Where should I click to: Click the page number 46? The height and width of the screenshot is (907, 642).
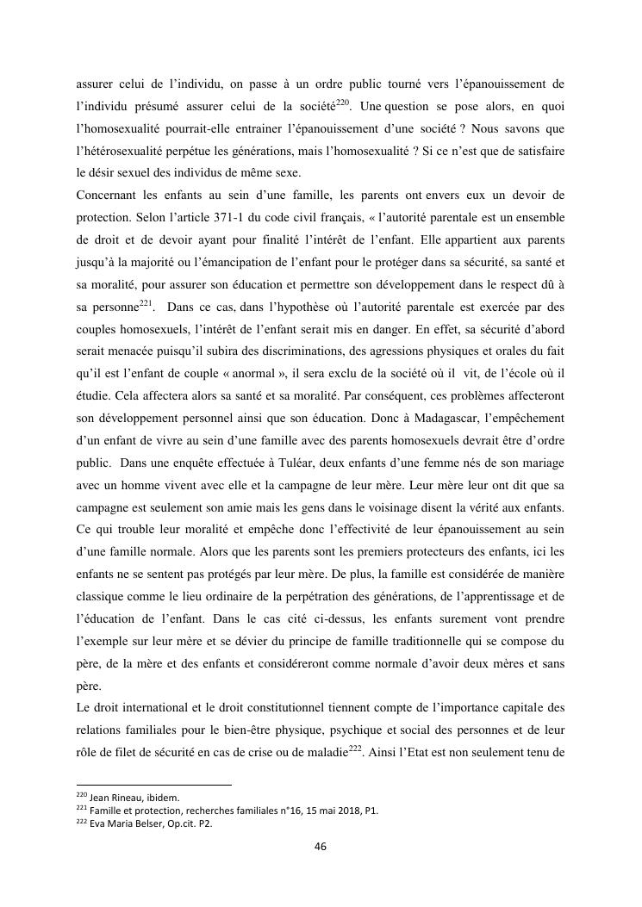coord(321,846)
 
